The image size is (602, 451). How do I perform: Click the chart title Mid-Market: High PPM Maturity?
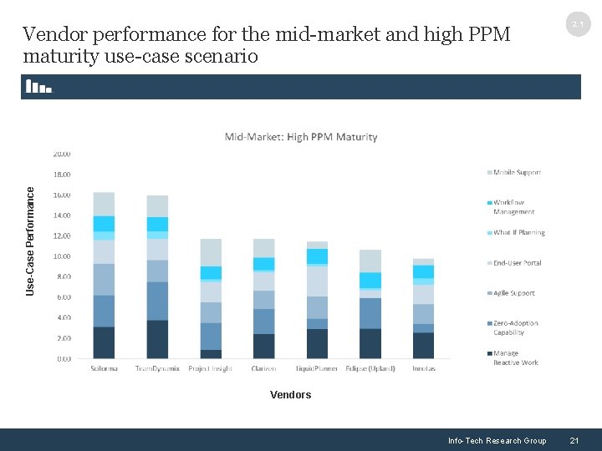(301, 137)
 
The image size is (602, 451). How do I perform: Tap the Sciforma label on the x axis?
(104, 368)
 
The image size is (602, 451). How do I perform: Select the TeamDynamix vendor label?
(157, 368)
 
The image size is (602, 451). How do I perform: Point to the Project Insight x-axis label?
(211, 368)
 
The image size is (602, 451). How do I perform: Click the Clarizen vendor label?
(263, 368)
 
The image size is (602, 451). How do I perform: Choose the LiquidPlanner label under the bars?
(317, 368)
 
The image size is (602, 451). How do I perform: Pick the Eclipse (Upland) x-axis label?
(370, 368)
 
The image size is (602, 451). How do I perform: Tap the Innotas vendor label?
(423, 368)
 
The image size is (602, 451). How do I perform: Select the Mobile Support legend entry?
(517, 173)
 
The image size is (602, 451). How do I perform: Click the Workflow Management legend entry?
(513, 207)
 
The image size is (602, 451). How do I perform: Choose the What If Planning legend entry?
(518, 233)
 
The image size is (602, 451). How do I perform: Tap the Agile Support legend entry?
(513, 293)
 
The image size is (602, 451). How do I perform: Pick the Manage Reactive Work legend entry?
(514, 358)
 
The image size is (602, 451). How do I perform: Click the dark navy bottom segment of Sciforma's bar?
(104, 342)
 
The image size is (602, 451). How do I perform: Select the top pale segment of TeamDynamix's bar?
(157, 205)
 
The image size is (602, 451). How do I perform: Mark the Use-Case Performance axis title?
(31, 241)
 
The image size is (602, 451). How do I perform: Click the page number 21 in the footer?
(574, 441)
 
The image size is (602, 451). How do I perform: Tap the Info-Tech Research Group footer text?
(497, 441)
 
